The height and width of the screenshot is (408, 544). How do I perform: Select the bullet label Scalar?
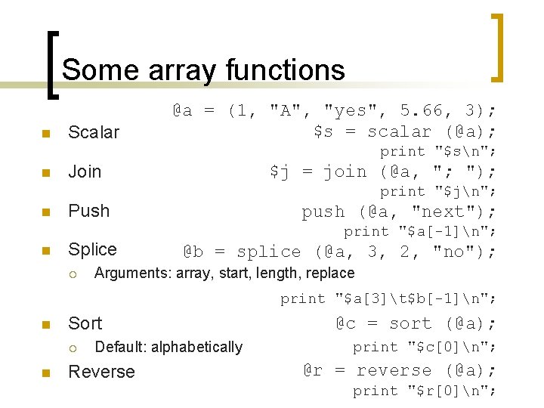pyautogui.click(x=94, y=132)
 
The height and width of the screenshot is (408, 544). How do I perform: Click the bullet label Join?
pyautogui.click(x=85, y=172)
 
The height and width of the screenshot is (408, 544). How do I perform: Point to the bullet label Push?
pyautogui.click(x=89, y=211)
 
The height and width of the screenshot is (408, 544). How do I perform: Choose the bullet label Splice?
pyautogui.click(x=92, y=249)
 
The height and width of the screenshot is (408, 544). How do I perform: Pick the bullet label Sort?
pyautogui.click(x=85, y=323)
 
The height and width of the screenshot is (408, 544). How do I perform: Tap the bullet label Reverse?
pyautogui.click(x=101, y=372)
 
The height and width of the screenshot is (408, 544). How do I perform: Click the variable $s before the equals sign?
pyautogui.click(x=323, y=131)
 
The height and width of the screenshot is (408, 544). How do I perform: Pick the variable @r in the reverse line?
pyautogui.click(x=313, y=370)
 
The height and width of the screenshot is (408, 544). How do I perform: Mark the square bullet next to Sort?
pyautogui.click(x=45, y=326)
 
